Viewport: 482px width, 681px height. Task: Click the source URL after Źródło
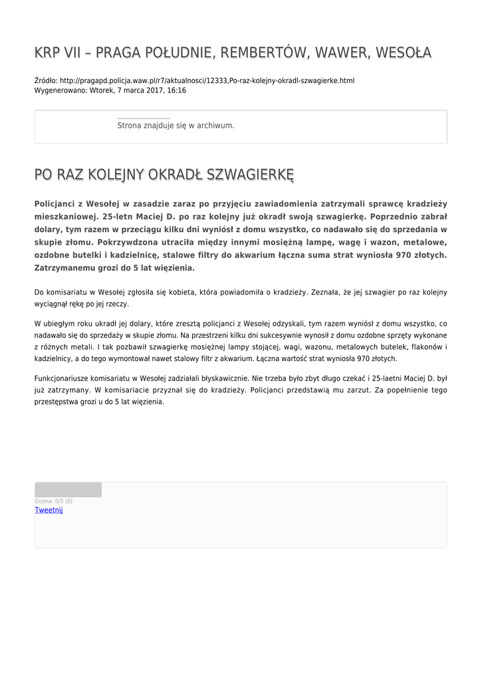tap(207, 80)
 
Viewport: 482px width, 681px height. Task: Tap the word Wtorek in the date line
tap(105, 90)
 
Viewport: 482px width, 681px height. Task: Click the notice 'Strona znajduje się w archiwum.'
tap(176, 125)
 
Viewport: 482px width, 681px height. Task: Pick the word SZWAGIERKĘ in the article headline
tap(250, 175)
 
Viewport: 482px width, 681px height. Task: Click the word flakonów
tap(424, 347)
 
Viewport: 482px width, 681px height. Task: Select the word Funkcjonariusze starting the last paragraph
tap(66, 378)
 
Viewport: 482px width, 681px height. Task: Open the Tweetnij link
tap(49, 510)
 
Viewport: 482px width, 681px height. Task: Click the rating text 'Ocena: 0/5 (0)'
tap(54, 501)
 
